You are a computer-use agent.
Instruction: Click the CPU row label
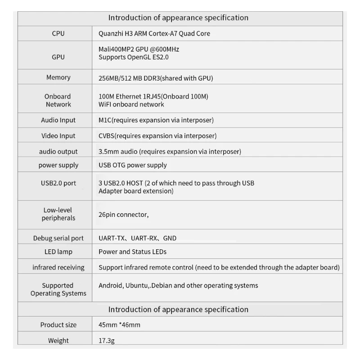pyautogui.click(x=58, y=33)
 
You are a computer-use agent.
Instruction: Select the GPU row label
pyautogui.click(x=58, y=57)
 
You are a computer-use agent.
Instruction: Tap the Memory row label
pyautogui.click(x=58, y=77)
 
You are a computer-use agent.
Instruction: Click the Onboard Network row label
pyautogui.click(x=58, y=100)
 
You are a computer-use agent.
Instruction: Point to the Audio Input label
pyautogui.click(x=58, y=120)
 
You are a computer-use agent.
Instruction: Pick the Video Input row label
pyautogui.click(x=58, y=135)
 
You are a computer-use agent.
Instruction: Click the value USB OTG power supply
pyautogui.click(x=132, y=165)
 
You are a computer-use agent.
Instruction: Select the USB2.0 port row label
pyautogui.click(x=58, y=183)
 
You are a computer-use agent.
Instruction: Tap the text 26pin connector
pyautogui.click(x=123, y=215)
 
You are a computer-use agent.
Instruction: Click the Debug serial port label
pyautogui.click(x=58, y=238)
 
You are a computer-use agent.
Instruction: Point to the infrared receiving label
pyautogui.click(x=58, y=267)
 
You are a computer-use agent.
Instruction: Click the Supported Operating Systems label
pyautogui.click(x=58, y=289)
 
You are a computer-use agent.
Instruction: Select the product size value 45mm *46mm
pyautogui.click(x=119, y=324)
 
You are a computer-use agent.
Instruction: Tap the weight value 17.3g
pyautogui.click(x=107, y=341)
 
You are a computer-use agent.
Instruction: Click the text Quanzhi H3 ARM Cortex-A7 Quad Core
pyautogui.click(x=154, y=33)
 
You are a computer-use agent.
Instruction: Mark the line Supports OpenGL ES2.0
pyautogui.click(x=133, y=57)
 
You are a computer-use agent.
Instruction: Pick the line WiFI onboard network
pyautogui.click(x=131, y=104)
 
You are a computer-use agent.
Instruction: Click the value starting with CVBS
pyautogui.click(x=157, y=135)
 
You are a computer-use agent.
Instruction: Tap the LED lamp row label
pyautogui.click(x=58, y=252)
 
